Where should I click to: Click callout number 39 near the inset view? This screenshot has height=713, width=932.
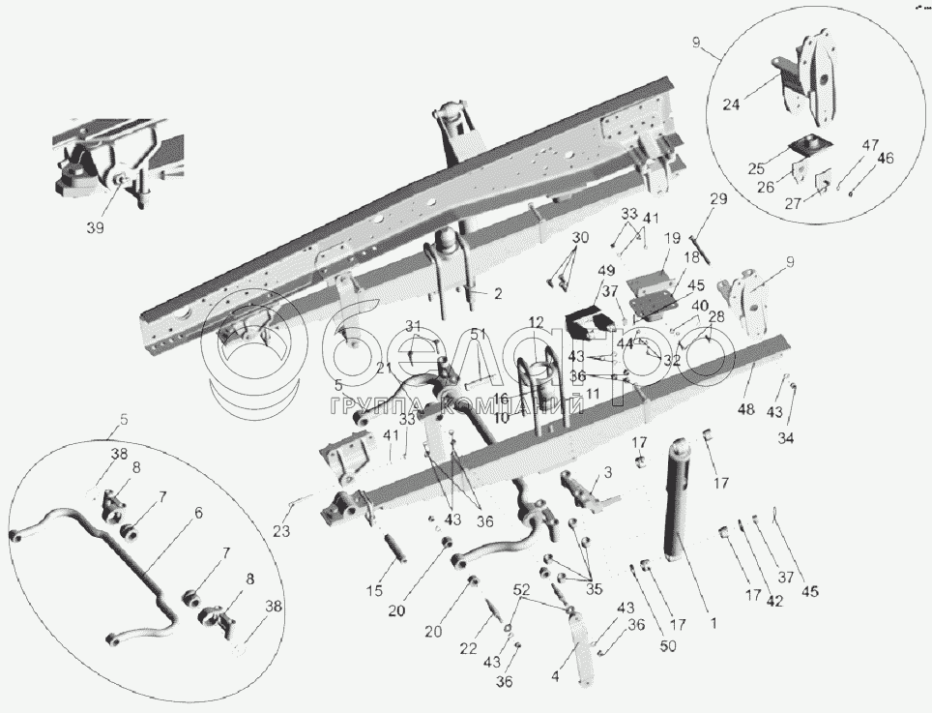click(x=93, y=228)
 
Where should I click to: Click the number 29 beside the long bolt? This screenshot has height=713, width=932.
click(x=716, y=199)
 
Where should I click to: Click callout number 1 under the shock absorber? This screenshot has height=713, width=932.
click(x=713, y=624)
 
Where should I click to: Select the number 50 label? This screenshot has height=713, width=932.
click(x=669, y=646)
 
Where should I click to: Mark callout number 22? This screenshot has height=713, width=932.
click(x=468, y=649)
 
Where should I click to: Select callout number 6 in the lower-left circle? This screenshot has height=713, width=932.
click(x=198, y=514)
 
